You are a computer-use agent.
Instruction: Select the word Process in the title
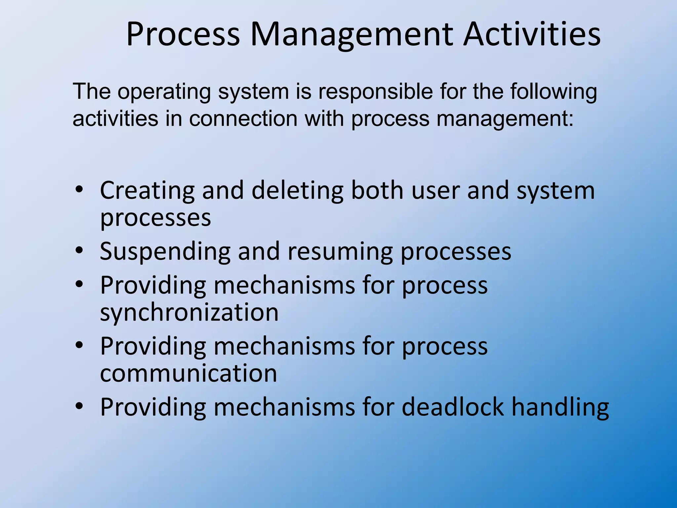[x=183, y=35]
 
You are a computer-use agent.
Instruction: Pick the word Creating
[x=147, y=191]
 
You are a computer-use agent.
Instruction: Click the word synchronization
[x=189, y=313]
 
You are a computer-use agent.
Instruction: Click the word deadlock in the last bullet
[x=453, y=407]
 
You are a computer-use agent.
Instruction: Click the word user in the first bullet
[x=435, y=190]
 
